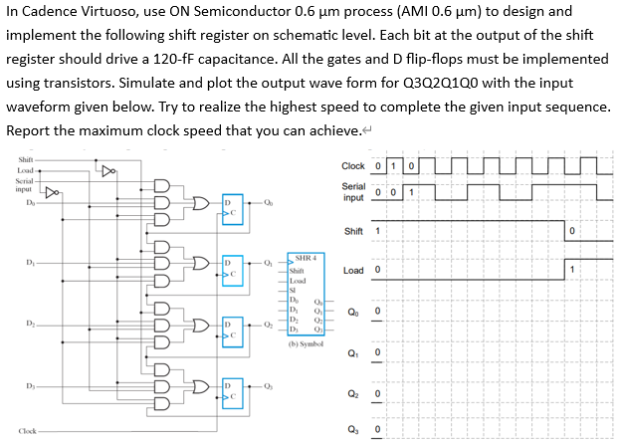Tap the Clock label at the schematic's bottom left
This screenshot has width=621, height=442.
point(27,431)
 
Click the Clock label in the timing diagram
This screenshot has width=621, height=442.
point(352,165)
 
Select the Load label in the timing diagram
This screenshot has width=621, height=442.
point(352,270)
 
